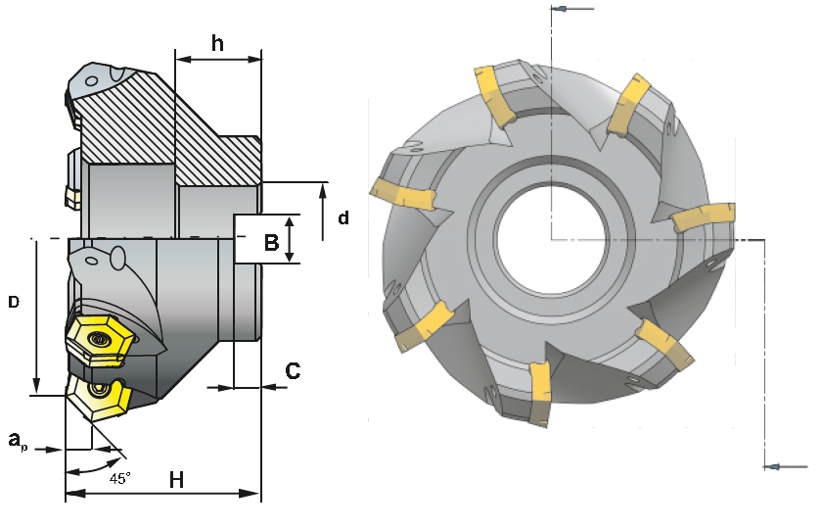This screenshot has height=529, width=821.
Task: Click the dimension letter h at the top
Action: (217, 44)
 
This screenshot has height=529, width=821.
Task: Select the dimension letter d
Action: (343, 218)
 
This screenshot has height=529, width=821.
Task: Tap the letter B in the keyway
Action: (271, 241)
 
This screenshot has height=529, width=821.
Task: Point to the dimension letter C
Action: (292, 370)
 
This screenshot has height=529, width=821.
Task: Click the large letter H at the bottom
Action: (176, 479)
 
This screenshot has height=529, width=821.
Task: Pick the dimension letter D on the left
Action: (14, 303)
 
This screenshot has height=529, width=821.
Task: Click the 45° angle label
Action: (119, 479)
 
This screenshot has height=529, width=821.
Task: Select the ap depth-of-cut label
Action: (18, 442)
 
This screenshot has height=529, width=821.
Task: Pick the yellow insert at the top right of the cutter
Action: (627, 102)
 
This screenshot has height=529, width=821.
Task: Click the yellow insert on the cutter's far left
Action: (402, 194)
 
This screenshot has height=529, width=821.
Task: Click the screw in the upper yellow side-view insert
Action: (99, 340)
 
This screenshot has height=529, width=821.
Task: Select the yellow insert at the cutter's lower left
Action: (426, 325)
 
